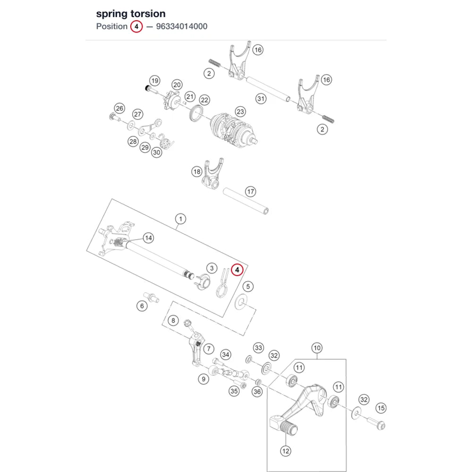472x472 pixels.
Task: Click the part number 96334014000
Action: pyautogui.click(x=182, y=26)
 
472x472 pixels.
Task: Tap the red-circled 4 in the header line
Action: pyautogui.click(x=136, y=26)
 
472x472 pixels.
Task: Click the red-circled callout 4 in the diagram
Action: pyautogui.click(x=237, y=270)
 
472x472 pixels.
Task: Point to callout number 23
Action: pyautogui.click(x=240, y=112)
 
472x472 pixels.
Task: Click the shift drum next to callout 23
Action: pyautogui.click(x=233, y=130)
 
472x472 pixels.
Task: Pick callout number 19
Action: pyautogui.click(x=155, y=81)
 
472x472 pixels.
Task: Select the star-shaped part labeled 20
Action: pyautogui.click(x=172, y=101)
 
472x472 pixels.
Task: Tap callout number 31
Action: pyautogui.click(x=261, y=99)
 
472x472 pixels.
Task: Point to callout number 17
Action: pyautogui.click(x=251, y=192)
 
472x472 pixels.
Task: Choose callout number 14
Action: pyautogui.click(x=148, y=238)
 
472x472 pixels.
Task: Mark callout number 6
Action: pyautogui.click(x=142, y=306)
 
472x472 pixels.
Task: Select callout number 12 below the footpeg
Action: pyautogui.click(x=286, y=451)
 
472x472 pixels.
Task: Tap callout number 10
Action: pyautogui.click(x=317, y=348)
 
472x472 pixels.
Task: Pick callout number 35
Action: pyautogui.click(x=234, y=391)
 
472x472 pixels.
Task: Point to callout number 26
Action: pyautogui.click(x=119, y=109)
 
